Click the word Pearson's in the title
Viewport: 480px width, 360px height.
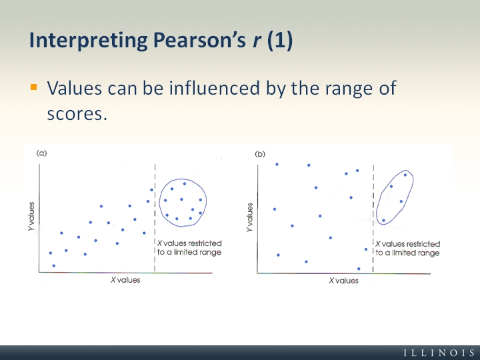[199, 40]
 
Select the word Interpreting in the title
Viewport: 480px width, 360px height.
[88, 41]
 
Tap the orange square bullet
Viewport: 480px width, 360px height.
[34, 87]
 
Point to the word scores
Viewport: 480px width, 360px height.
[77, 114]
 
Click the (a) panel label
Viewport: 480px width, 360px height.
[41, 153]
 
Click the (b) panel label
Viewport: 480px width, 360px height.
[260, 154]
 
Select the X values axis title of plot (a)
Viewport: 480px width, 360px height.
[125, 280]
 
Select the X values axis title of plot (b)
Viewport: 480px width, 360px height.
[343, 281]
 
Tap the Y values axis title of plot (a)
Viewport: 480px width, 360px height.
[31, 217]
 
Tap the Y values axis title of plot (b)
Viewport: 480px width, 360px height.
[250, 217]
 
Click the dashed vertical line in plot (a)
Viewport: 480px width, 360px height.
[155, 218]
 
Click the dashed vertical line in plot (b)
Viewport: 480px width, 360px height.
[373, 219]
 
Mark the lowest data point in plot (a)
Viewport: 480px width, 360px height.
[54, 266]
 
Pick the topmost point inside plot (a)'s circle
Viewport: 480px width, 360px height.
[185, 184]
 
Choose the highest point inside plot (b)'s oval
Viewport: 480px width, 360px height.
[405, 175]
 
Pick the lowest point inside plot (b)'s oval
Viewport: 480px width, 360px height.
[383, 221]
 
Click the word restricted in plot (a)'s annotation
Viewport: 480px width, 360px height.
[205, 243]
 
